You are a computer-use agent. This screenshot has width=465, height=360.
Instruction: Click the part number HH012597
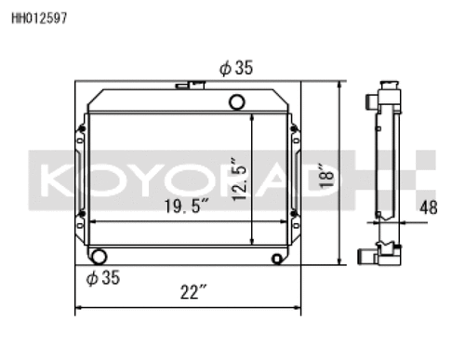point(39,19)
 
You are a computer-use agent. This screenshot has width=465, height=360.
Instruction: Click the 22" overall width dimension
point(193,292)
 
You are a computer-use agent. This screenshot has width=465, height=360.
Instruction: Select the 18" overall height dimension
point(326,176)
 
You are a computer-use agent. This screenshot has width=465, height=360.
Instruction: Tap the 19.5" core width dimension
point(186,207)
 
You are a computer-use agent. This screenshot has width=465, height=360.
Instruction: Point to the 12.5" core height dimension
point(239,180)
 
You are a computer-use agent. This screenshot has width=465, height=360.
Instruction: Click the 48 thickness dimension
point(429,207)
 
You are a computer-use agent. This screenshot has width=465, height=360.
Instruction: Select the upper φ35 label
point(236,68)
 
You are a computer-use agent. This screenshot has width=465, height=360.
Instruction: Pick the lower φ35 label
point(103,277)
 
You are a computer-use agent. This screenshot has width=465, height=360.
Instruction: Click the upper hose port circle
point(237,102)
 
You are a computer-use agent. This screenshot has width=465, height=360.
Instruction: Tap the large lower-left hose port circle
point(99,257)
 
